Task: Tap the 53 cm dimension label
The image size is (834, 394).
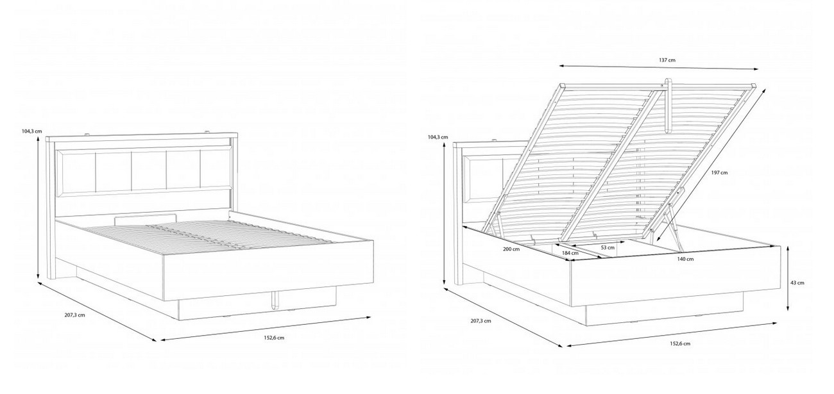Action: (x=608, y=247)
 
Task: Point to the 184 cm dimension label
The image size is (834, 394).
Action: (x=570, y=253)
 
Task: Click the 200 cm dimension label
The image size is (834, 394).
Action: (x=511, y=249)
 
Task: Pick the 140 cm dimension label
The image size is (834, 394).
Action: (x=685, y=259)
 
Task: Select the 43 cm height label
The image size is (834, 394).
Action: (x=798, y=283)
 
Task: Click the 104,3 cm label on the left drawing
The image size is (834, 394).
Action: (x=32, y=131)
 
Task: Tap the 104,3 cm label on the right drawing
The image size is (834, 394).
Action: (x=438, y=137)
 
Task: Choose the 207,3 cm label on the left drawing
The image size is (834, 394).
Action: (x=75, y=315)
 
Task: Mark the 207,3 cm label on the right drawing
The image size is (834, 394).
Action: (x=481, y=320)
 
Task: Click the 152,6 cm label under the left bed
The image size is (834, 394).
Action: (x=274, y=338)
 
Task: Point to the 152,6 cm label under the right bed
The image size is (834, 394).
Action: (x=680, y=344)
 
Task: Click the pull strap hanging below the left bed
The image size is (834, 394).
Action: (x=275, y=300)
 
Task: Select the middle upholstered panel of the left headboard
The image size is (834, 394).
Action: (x=149, y=170)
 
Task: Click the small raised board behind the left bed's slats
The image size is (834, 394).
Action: (x=145, y=219)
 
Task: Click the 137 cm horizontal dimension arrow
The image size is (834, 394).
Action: (x=659, y=67)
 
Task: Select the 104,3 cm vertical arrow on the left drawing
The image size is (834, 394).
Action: (x=38, y=208)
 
